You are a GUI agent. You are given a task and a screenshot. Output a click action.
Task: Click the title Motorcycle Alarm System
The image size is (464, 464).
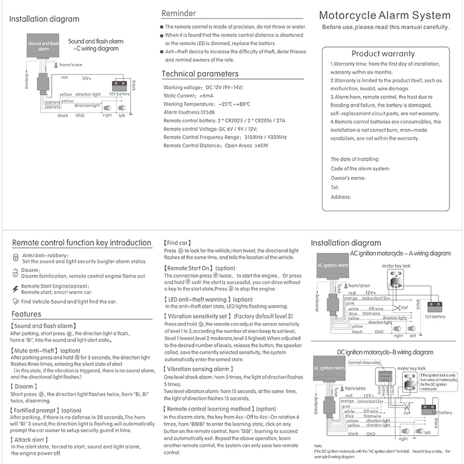[385, 16]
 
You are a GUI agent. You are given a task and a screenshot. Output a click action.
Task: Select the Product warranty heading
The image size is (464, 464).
[383, 53]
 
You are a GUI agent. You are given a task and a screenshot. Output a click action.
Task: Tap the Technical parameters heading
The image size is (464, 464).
[200, 74]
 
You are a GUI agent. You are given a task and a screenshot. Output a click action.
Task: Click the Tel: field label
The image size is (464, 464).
[334, 187]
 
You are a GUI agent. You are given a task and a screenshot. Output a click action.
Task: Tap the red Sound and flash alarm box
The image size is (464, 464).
[44, 46]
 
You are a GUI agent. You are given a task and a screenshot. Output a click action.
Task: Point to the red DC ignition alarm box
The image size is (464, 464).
[330, 367]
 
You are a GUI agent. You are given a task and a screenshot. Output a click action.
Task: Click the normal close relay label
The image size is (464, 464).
[364, 362]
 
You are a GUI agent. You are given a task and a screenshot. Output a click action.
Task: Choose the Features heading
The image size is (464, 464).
[26, 314]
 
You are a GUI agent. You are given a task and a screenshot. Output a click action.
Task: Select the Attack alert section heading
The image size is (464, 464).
[31, 440]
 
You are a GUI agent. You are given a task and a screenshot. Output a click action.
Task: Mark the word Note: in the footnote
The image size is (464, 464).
[318, 445]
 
